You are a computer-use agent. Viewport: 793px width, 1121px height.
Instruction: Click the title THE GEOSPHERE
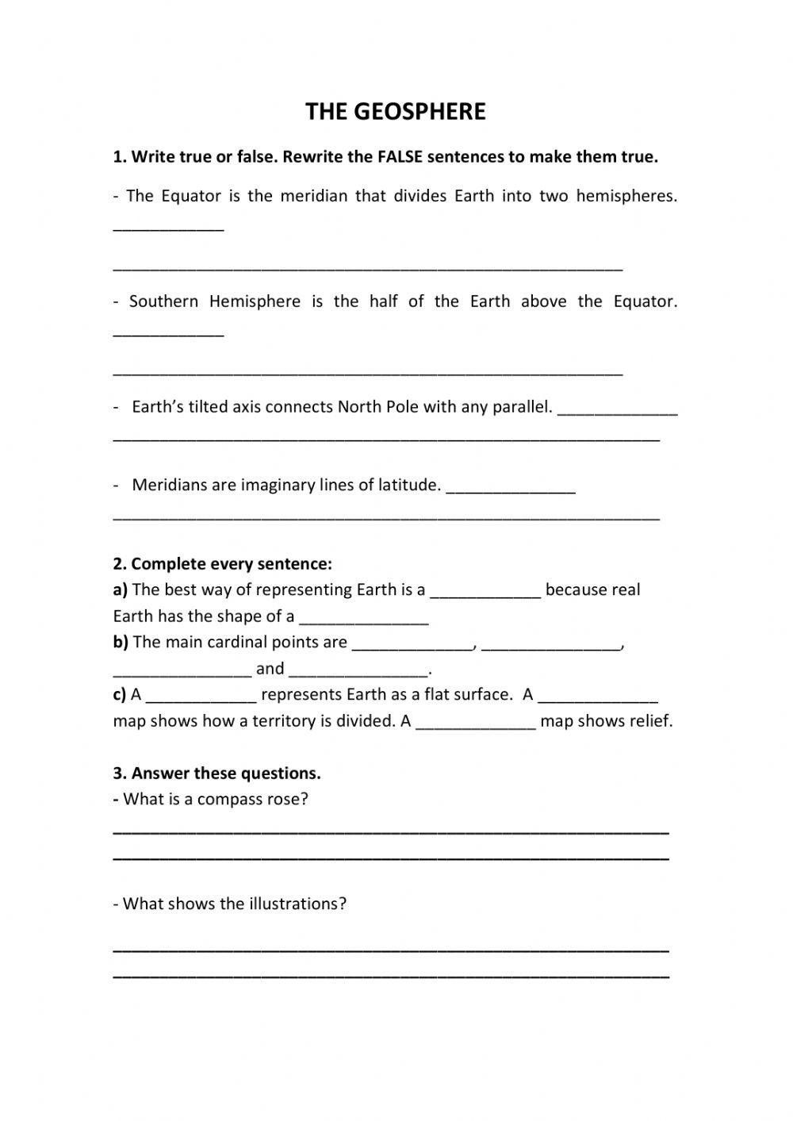pyautogui.click(x=395, y=112)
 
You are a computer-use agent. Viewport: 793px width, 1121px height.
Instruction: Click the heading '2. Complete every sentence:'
pyautogui.click(x=222, y=564)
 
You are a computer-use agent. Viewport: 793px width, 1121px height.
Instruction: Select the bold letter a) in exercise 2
pyautogui.click(x=121, y=589)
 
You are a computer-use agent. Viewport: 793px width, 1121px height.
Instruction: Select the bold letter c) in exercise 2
pyautogui.click(x=120, y=694)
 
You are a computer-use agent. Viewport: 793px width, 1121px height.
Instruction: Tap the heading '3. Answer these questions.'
pyautogui.click(x=216, y=773)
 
